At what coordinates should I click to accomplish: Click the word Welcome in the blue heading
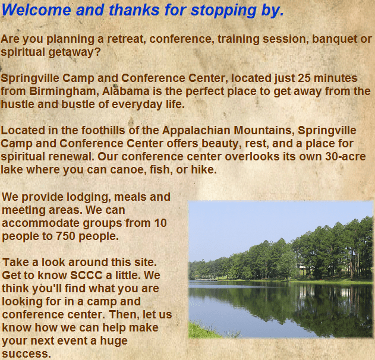point(36,10)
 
